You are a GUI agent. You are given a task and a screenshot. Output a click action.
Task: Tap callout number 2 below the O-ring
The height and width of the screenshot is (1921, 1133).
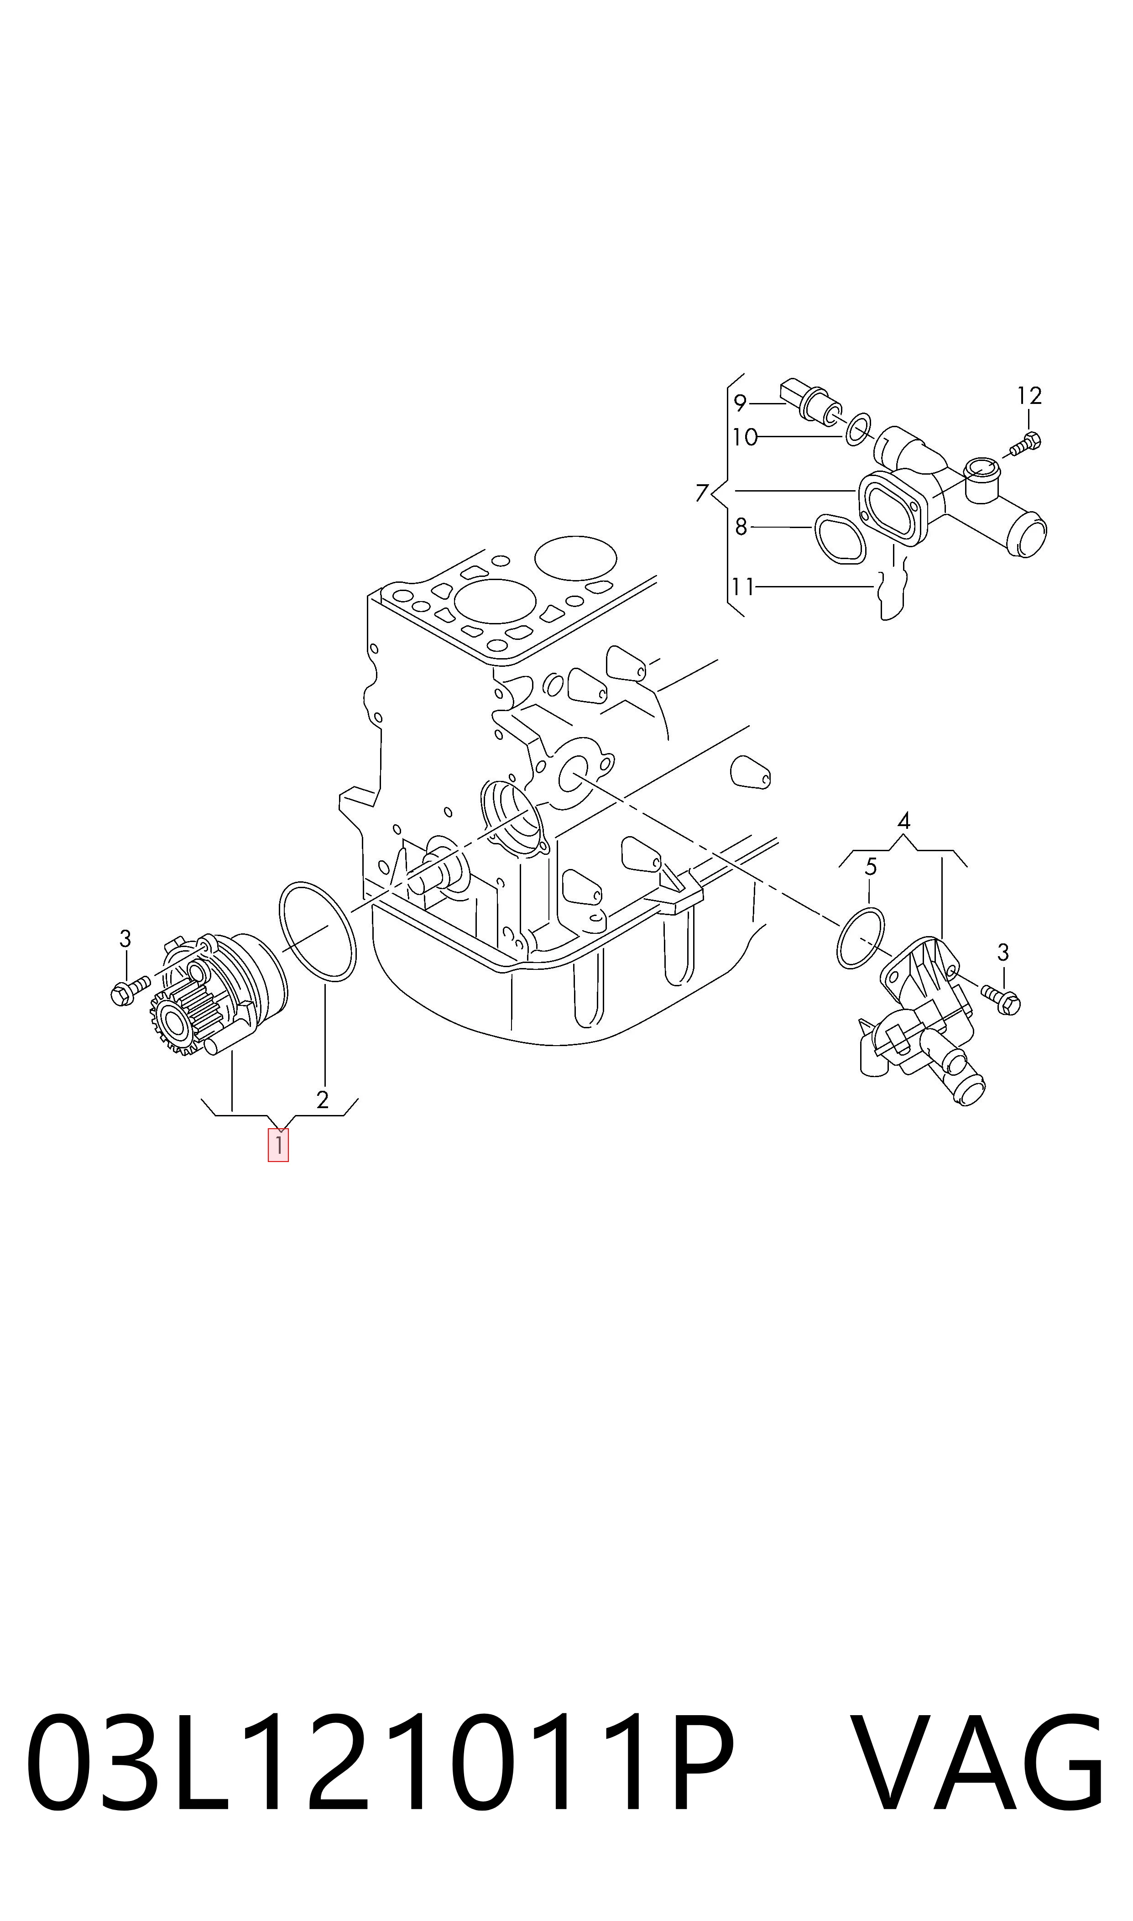click(x=322, y=1099)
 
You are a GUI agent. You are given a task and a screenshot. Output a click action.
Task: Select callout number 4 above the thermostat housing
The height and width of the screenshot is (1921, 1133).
click(x=904, y=822)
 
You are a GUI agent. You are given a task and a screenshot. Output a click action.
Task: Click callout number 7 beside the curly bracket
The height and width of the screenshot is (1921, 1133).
click(x=702, y=492)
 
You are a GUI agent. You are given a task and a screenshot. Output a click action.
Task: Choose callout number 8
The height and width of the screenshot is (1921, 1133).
click(x=741, y=527)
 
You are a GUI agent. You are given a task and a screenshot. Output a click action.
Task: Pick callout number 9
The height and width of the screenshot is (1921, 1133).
click(x=739, y=403)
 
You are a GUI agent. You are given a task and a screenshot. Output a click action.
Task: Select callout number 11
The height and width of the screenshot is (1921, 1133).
click(x=743, y=587)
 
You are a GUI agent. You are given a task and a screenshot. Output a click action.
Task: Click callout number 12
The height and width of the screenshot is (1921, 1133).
click(x=1029, y=396)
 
